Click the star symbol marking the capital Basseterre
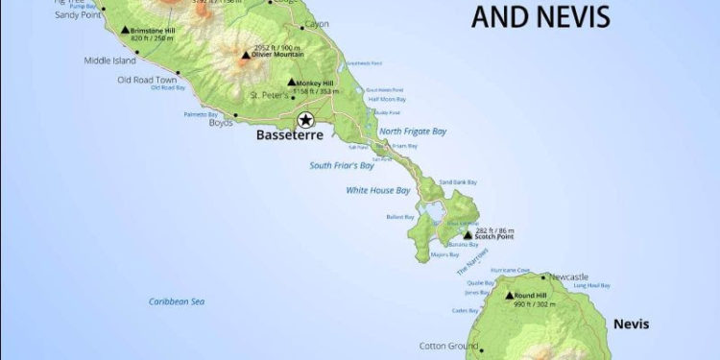click(x=305, y=120)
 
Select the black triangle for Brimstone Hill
click(x=125, y=31)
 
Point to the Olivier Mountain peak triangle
click(x=246, y=55)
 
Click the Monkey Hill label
click(x=319, y=83)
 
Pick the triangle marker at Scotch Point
click(x=468, y=235)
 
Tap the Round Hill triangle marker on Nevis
click(x=509, y=296)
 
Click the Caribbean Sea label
click(x=177, y=301)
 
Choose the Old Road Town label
click(x=148, y=79)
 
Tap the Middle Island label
click(x=110, y=60)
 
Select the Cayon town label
click(x=316, y=23)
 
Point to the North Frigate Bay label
click(x=413, y=131)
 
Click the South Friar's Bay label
click(x=341, y=165)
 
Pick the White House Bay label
click(x=378, y=190)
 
